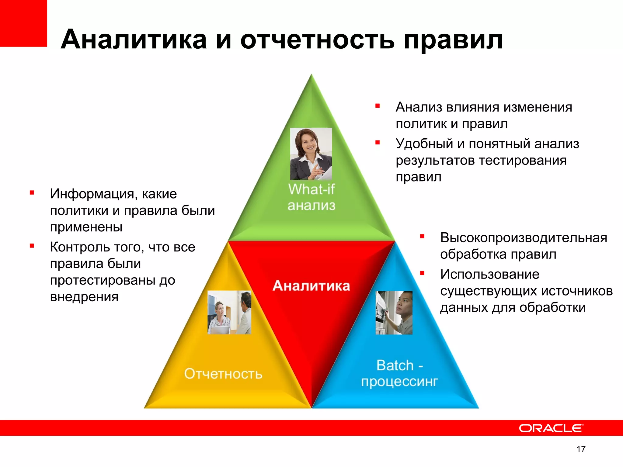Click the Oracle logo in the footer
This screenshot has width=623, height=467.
551,428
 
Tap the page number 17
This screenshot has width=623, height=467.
581,449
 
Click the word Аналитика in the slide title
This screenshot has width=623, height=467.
134,40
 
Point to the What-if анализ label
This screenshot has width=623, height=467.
311,197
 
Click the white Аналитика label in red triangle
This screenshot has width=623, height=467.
311,285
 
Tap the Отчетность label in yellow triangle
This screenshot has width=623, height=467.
223,374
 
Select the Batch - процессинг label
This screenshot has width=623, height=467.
399,373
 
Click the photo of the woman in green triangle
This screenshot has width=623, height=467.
311,154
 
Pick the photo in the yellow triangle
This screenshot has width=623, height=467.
229,312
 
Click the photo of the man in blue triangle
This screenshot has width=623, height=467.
394,313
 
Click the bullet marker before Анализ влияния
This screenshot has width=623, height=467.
378,106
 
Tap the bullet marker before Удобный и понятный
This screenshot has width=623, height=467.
378,142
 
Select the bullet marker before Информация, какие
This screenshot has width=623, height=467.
32,192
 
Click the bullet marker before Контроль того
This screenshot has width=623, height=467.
32,246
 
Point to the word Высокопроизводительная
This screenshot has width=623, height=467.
523,237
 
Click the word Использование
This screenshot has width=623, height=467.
489,274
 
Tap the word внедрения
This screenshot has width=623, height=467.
84,297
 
